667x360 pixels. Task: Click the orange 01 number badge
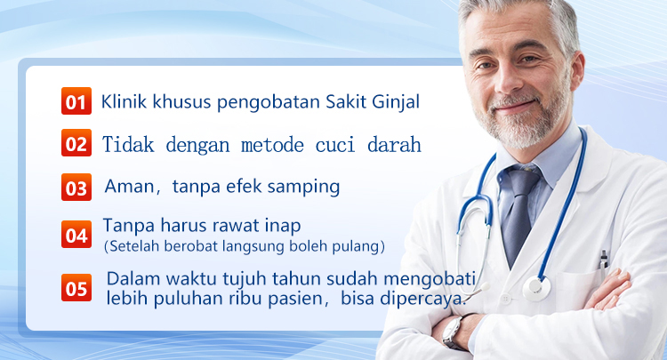(76, 100)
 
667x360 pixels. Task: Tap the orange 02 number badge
(76, 143)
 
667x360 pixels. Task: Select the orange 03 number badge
(76, 187)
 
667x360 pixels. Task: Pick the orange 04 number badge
(76, 234)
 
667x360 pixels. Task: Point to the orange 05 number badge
(76, 287)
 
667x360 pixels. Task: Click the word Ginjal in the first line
(396, 103)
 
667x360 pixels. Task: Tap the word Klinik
(124, 101)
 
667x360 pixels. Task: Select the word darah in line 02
(394, 145)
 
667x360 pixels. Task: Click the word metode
(272, 145)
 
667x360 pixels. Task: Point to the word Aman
(130, 187)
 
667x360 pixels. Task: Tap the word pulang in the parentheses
(362, 247)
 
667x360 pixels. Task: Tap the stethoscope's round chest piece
(536, 288)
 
